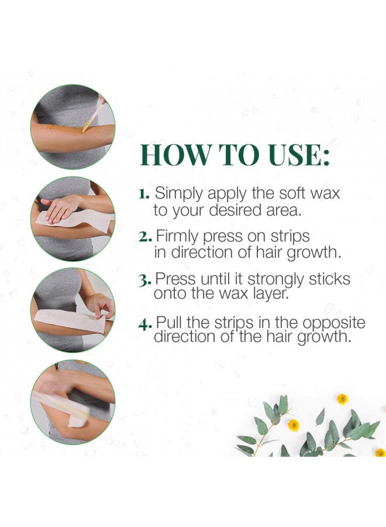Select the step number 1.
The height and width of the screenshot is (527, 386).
click(144, 193)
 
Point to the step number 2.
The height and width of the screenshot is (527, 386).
click(146, 237)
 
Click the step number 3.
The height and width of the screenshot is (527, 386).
click(146, 280)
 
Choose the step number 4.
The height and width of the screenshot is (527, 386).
click(146, 324)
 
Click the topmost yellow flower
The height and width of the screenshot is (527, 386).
click(342, 398)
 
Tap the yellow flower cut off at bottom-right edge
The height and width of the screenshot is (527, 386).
click(380, 452)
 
